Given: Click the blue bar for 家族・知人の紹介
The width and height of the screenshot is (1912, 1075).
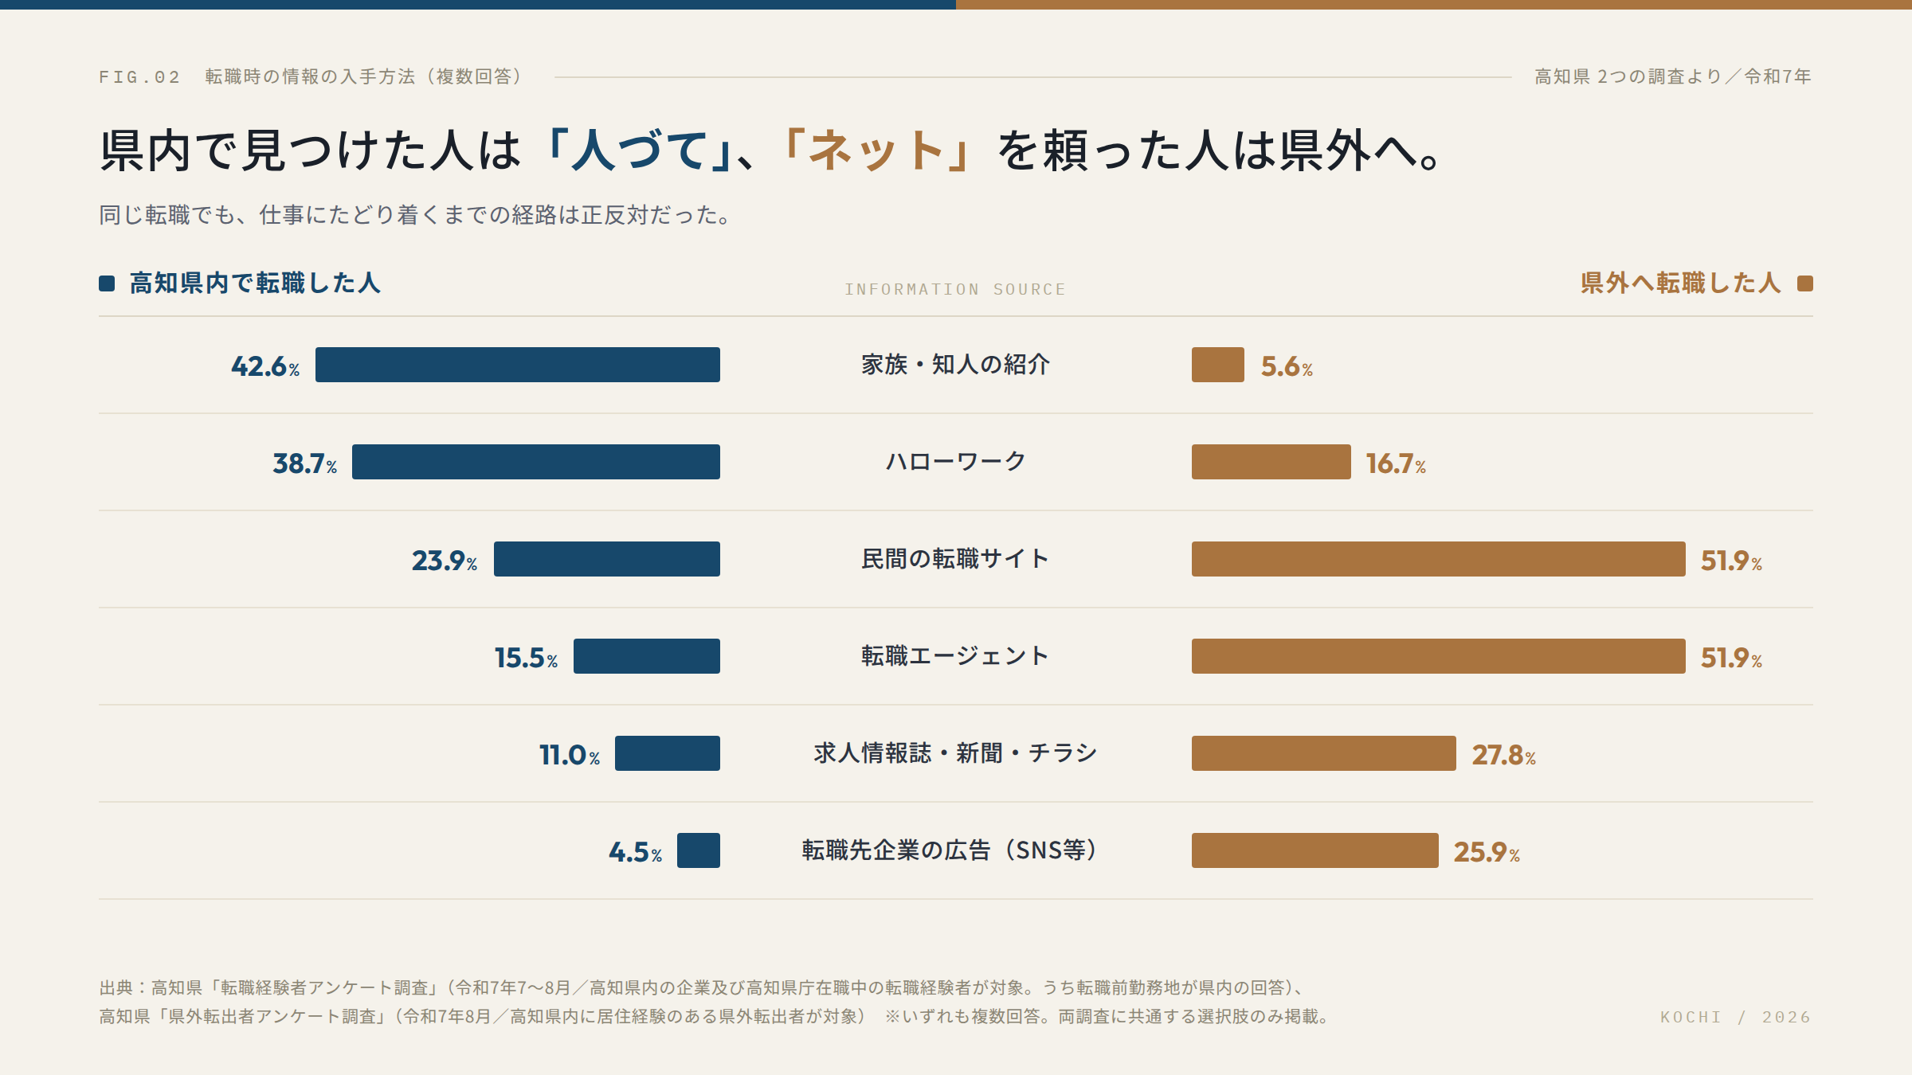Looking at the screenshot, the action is pos(518,365).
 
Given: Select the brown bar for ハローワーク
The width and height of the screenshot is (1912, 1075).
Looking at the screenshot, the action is pos(1271,462).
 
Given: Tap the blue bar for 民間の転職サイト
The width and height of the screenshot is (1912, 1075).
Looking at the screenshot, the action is pos(607,559).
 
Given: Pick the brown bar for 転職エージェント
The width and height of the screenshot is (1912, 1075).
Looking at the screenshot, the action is pos(1439,656).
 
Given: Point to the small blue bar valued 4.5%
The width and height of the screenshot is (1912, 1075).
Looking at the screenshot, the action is pos(699,850).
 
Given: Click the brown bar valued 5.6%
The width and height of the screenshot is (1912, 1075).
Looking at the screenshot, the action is pos(1218,365).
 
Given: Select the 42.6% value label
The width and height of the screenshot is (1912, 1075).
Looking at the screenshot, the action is pos(265,366).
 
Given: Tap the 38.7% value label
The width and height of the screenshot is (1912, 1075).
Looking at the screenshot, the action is pos(304,463).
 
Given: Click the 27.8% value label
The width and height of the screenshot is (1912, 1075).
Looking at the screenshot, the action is pos(1503,755).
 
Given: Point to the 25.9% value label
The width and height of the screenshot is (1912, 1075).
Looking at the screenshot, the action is pos(1487,852).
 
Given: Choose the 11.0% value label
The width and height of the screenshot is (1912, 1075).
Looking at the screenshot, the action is pos(570,755).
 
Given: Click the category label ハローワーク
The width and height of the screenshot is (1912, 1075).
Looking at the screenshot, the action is pos(956,462).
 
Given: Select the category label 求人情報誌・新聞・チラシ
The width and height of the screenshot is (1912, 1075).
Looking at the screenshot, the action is pos(956,753).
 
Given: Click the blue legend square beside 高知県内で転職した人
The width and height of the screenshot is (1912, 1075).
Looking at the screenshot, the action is pos(107,283).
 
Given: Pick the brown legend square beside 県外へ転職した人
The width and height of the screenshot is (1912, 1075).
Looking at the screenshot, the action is pos(1805,283).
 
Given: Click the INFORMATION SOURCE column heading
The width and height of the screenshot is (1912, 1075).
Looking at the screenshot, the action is pos(955,290).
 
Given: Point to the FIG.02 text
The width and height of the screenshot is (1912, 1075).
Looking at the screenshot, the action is pos(139,77).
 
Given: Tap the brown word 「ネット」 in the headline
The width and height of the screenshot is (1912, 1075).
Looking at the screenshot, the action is pos(876,150).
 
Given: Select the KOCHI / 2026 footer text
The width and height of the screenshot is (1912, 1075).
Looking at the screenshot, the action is pos(1735,1017).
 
